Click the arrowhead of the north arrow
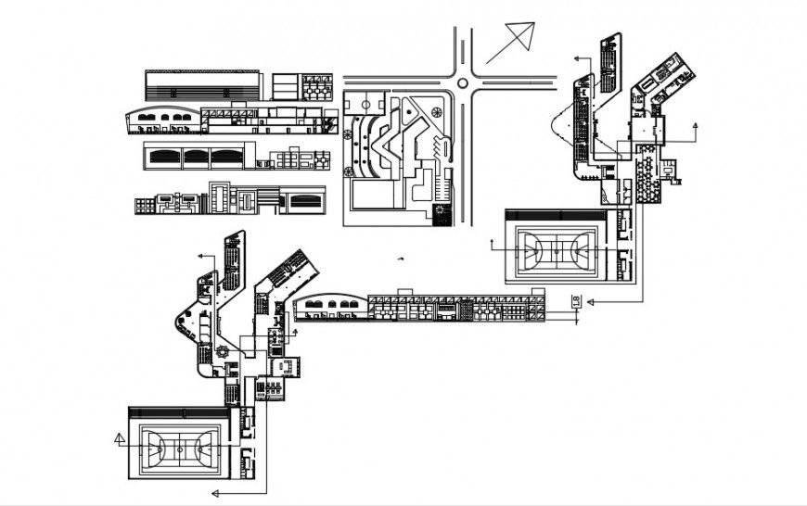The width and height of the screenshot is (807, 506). [530, 31]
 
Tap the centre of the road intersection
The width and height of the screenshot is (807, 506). [463, 78]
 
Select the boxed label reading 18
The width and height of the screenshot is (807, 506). [575, 299]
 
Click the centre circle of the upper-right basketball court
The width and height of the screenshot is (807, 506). [556, 247]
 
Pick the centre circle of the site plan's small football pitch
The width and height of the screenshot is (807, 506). [435, 114]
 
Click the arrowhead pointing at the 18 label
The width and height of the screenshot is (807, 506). [589, 303]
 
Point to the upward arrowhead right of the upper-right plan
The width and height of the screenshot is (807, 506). [697, 123]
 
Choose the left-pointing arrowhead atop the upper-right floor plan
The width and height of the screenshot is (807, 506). [575, 57]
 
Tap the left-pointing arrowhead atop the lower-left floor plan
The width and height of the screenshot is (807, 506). [199, 252]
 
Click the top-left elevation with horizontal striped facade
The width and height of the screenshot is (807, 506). [201, 84]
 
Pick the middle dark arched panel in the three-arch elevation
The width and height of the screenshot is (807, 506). [198, 157]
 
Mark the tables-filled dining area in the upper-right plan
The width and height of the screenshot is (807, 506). [647, 163]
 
